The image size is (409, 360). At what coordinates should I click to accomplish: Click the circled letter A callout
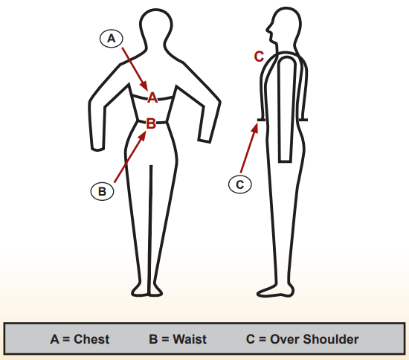point(112,39)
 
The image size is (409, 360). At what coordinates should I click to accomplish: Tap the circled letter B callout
point(103,191)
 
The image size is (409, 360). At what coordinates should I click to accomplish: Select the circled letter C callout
point(240,184)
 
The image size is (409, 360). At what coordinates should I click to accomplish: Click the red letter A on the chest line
point(152,97)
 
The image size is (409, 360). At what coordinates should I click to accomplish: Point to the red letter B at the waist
point(151,123)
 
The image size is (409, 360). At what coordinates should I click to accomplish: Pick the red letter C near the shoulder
point(259,57)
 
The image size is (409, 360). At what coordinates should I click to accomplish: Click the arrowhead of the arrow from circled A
point(145,86)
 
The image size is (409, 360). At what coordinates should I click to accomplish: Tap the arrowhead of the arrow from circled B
point(143,135)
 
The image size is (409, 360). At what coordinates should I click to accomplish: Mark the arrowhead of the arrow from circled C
point(255,128)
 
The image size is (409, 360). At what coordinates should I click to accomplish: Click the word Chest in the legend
point(91,339)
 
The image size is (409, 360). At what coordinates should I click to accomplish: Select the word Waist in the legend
point(190,339)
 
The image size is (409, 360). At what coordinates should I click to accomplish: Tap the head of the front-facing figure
point(156,26)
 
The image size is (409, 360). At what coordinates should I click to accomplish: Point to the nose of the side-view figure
point(268,29)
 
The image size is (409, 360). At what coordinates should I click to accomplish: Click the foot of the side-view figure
point(275,291)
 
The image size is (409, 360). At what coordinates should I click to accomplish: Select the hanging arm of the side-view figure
point(286,109)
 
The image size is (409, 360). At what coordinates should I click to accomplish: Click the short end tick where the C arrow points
point(261,120)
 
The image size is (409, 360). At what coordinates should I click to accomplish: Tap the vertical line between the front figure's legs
point(150,230)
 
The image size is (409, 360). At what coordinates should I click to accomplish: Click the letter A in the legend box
point(54,339)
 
